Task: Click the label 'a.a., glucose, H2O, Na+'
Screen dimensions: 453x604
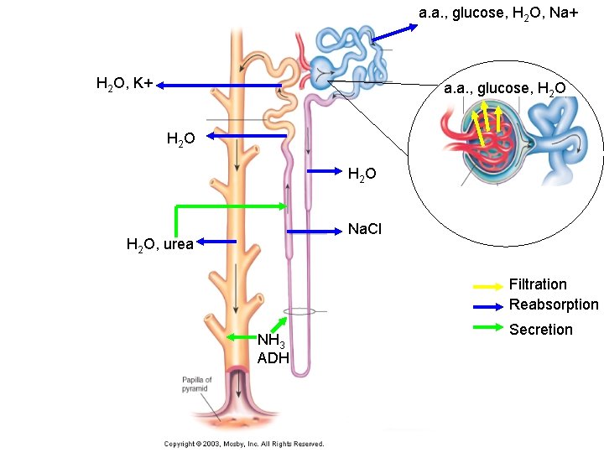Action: [x=498, y=13]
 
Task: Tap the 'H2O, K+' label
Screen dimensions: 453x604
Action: [x=124, y=83]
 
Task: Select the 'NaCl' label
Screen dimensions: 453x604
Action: [x=364, y=229]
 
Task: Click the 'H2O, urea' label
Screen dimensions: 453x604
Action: [x=159, y=245]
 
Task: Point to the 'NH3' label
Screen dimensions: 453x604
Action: [x=271, y=341]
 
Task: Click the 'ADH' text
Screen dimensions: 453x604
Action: [x=273, y=358]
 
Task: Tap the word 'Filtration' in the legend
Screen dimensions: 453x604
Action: [x=538, y=284]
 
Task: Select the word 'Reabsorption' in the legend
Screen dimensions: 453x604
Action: [x=554, y=305]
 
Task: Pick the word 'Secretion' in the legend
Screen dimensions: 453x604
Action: [x=541, y=330]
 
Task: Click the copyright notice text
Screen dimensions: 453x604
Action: [x=243, y=444]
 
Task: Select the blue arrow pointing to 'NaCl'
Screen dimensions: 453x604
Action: [x=315, y=230]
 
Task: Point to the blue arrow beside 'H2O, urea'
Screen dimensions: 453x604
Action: [x=216, y=242]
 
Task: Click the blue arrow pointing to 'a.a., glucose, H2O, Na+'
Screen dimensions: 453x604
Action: [x=394, y=33]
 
